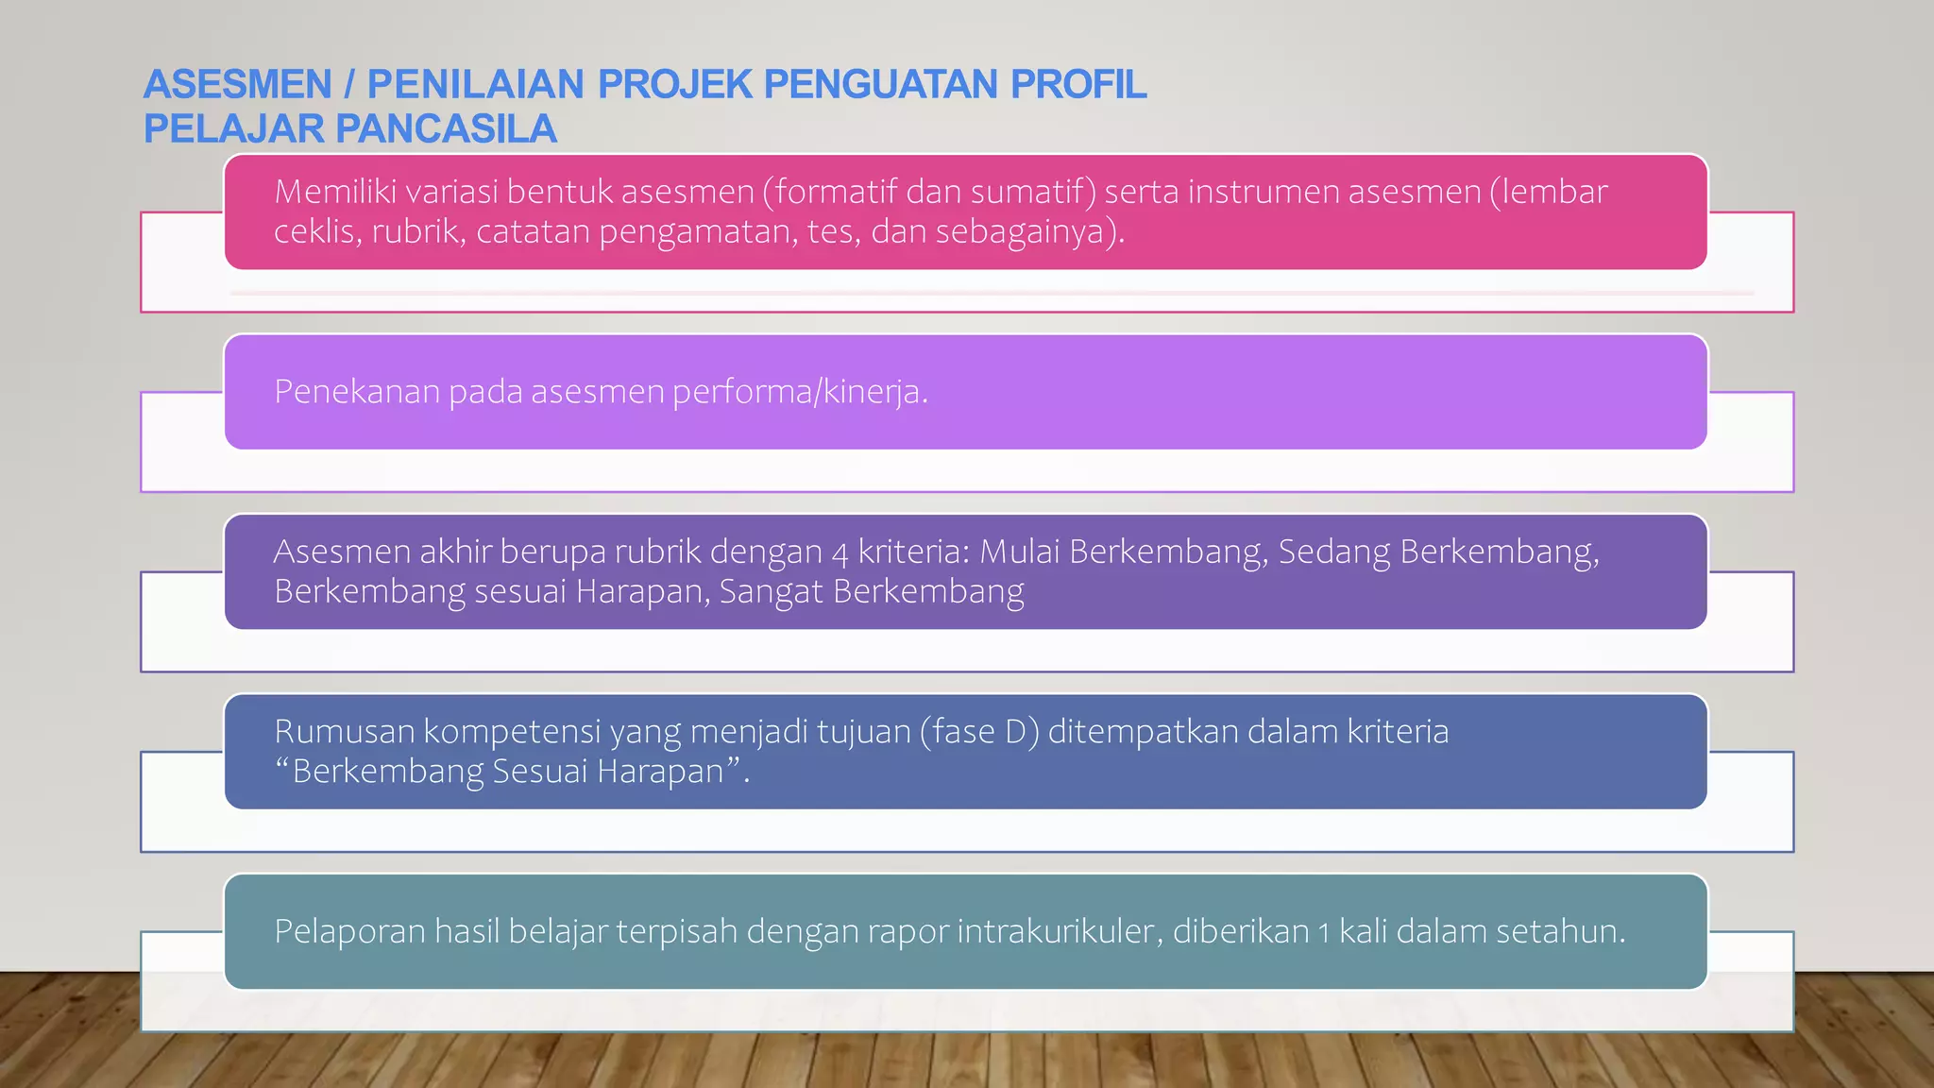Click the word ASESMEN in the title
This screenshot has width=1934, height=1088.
[x=237, y=85]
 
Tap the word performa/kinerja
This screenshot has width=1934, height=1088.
[x=799, y=391]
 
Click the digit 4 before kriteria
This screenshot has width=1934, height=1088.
[x=840, y=552]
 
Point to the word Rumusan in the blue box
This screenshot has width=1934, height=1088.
[x=344, y=732]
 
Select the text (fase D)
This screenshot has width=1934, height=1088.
[x=979, y=732]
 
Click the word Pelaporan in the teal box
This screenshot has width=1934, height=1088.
[x=349, y=931]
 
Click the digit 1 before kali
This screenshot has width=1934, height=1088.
[x=1324, y=933]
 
